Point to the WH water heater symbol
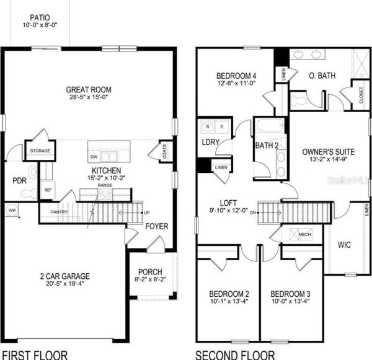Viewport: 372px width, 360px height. point(12,211)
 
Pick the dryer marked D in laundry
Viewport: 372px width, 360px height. point(221,128)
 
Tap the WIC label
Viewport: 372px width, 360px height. point(344,245)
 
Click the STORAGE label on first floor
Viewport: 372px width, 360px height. point(40,151)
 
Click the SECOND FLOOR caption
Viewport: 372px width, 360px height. point(235,354)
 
